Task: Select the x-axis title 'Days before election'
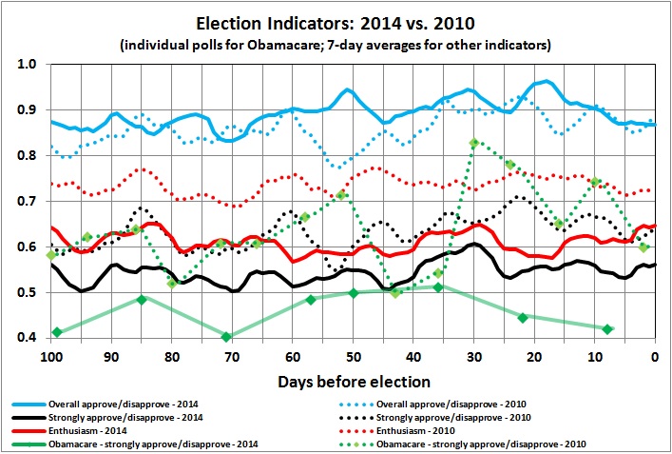(x=354, y=382)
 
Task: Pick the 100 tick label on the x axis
(x=51, y=356)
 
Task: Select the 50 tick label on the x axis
(x=353, y=356)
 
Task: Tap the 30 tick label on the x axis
(x=473, y=356)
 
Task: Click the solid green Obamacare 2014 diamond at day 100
(x=57, y=332)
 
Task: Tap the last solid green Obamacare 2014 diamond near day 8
(x=607, y=329)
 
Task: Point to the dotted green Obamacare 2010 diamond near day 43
(x=396, y=293)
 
